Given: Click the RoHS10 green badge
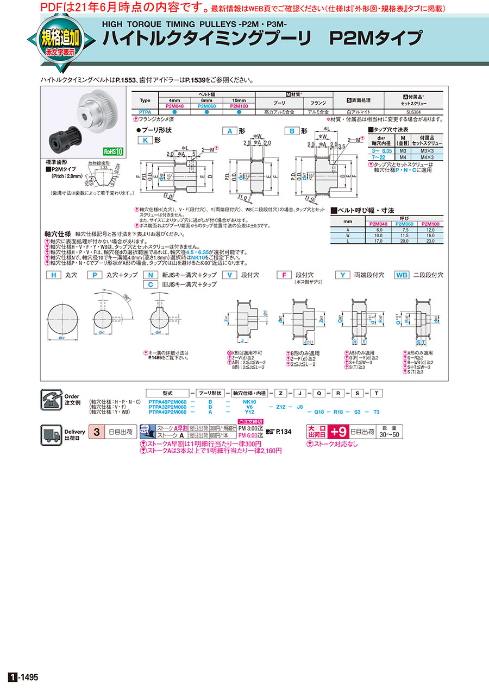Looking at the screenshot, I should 113,151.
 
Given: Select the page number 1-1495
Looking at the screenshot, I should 23,678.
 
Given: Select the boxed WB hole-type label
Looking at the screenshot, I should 402,275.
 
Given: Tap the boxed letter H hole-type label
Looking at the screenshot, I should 53,275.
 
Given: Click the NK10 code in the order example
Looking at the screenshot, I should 249,402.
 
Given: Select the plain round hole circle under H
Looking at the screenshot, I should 65,320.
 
